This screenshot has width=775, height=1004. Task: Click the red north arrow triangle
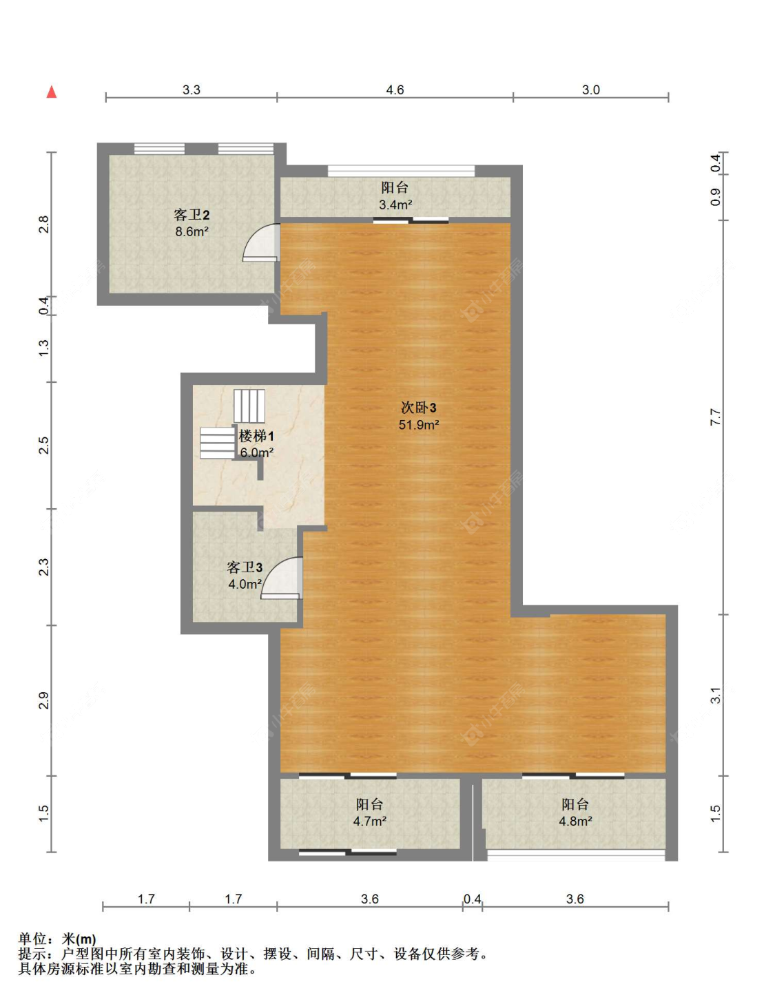click(x=52, y=92)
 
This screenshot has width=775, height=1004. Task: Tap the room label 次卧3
click(x=418, y=408)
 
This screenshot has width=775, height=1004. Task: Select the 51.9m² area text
click(x=418, y=425)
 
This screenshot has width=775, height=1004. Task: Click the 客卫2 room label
click(x=192, y=215)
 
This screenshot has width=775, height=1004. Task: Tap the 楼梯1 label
click(x=256, y=436)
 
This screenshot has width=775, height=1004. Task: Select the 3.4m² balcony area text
click(x=395, y=205)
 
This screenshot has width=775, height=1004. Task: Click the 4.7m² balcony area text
click(x=369, y=821)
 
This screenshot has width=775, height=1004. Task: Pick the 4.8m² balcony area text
click(x=575, y=821)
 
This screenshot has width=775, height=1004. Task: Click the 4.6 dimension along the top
click(x=395, y=90)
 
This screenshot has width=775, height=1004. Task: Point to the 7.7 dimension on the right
click(x=716, y=417)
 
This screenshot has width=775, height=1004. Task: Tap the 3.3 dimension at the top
click(x=191, y=90)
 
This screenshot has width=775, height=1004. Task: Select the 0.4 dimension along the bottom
click(x=472, y=899)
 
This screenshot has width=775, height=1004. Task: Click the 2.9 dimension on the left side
click(x=44, y=700)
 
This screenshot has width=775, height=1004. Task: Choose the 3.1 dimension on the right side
click(x=716, y=695)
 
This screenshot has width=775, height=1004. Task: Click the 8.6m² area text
click(x=192, y=232)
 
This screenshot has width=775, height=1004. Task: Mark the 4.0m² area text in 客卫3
click(x=245, y=584)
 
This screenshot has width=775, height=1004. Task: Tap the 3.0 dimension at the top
click(x=590, y=90)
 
